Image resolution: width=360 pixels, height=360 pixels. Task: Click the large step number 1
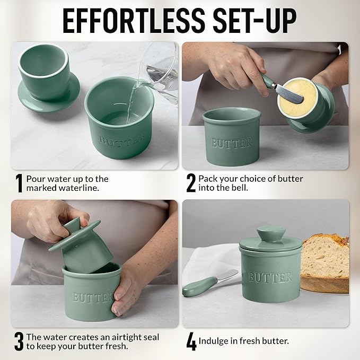(19, 183)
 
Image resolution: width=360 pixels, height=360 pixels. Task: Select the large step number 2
(191, 183)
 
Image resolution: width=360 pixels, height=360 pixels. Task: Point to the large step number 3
(19, 341)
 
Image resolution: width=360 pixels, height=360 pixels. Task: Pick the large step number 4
(191, 341)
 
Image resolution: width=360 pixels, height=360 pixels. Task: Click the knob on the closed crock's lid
(270, 234)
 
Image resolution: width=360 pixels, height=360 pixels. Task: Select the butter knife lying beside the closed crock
(209, 283)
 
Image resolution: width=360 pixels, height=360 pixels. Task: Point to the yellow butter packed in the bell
(294, 98)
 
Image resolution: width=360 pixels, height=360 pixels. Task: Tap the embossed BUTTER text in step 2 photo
(232, 143)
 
